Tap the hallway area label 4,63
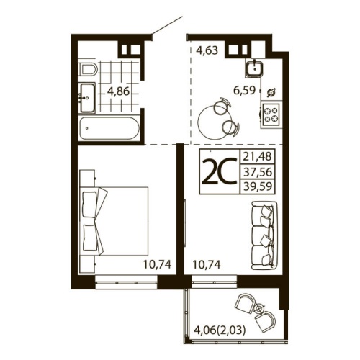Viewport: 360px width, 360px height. pos(207,50)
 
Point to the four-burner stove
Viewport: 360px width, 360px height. pos(271,113)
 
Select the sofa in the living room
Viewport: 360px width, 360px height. pos(261,233)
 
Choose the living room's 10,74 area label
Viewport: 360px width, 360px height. pos(207,264)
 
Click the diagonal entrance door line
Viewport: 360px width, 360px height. pos(166,26)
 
